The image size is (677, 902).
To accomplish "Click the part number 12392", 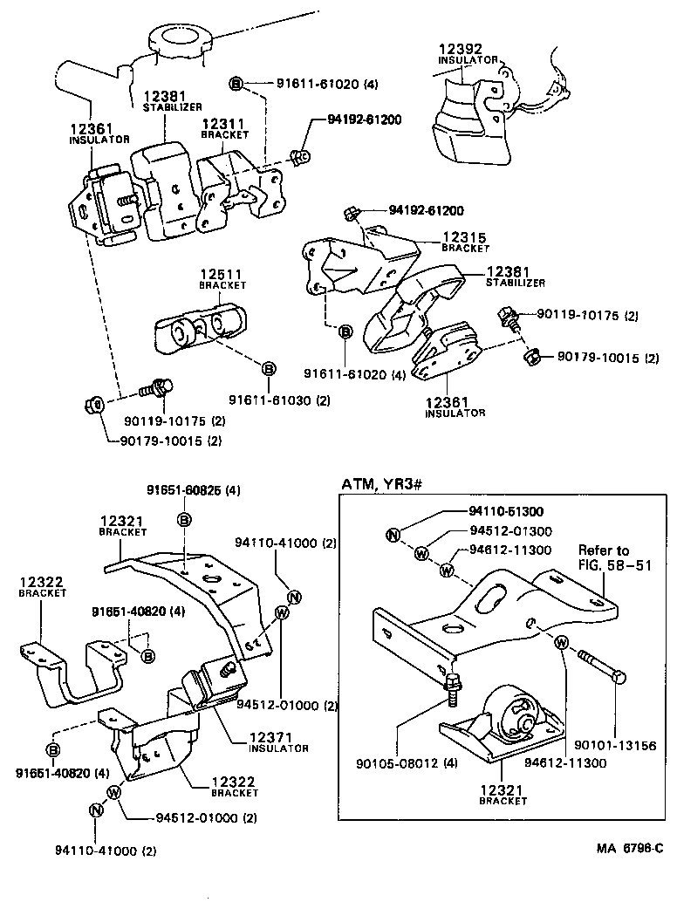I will click(x=459, y=50).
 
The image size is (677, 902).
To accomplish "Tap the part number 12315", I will click(x=463, y=236).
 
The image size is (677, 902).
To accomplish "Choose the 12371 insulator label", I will click(x=278, y=742).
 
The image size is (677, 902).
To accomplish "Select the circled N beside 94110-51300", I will click(x=393, y=535).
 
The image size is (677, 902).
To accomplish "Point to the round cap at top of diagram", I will click(x=181, y=39).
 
